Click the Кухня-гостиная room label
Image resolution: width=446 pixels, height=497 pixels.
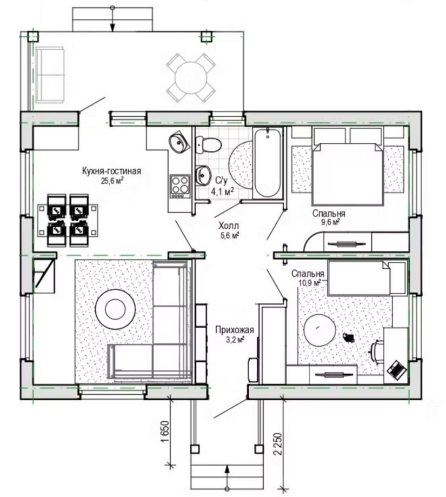(111, 171)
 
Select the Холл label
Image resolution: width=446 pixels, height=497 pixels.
(229, 226)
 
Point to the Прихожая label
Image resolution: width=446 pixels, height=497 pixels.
(235, 330)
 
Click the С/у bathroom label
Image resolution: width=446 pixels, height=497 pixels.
(222, 181)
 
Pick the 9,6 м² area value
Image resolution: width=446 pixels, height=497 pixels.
(330, 222)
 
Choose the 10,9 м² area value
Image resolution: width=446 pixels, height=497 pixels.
(310, 282)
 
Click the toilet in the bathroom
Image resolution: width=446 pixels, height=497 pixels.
(209, 145)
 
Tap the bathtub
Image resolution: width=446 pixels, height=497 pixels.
(268, 163)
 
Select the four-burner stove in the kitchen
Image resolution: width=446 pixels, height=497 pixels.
(180, 187)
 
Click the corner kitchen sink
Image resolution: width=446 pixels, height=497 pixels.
(178, 142)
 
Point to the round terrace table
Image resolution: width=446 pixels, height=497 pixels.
(191, 77)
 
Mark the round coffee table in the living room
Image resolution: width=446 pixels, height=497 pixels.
(116, 309)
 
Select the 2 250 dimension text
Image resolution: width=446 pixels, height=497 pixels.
(277, 444)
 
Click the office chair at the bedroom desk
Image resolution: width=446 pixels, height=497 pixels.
(377, 351)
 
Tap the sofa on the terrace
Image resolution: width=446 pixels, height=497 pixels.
(50, 75)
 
